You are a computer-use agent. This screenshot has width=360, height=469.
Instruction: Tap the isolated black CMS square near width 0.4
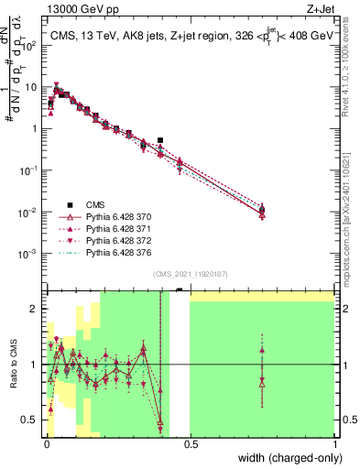coord(160,140)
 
